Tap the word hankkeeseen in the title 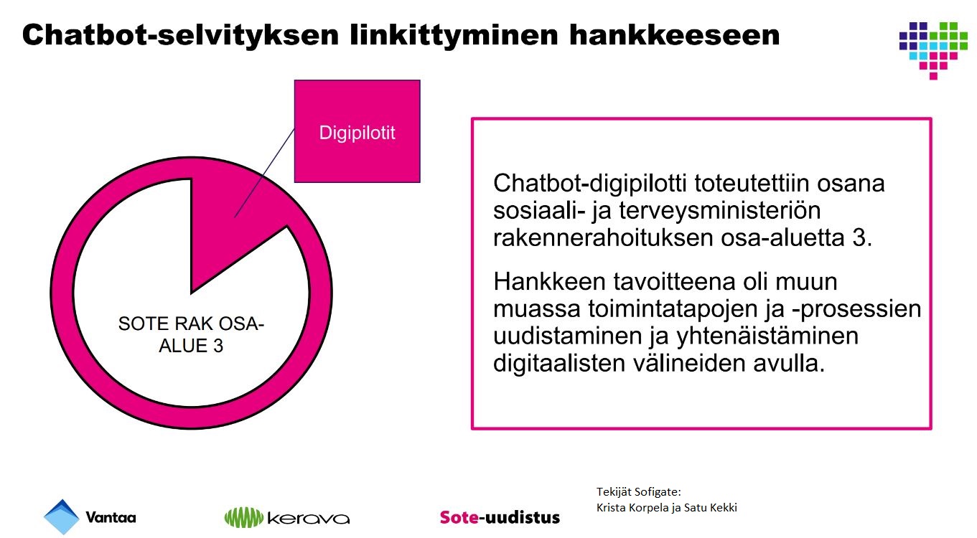tap(674, 35)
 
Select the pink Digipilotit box tap(357, 131)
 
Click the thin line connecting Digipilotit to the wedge tap(264, 173)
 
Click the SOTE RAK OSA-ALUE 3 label tap(191, 335)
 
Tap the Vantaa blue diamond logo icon tap(62, 517)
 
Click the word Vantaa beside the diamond tap(111, 517)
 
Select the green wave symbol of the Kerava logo tap(244, 517)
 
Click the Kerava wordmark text tap(309, 519)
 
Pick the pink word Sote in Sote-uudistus tap(459, 517)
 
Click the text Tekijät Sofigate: tap(639, 492)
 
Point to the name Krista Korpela tap(632, 508)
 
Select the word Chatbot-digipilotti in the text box tap(590, 183)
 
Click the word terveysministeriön tap(720, 211)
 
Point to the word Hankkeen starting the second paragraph tap(550, 282)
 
